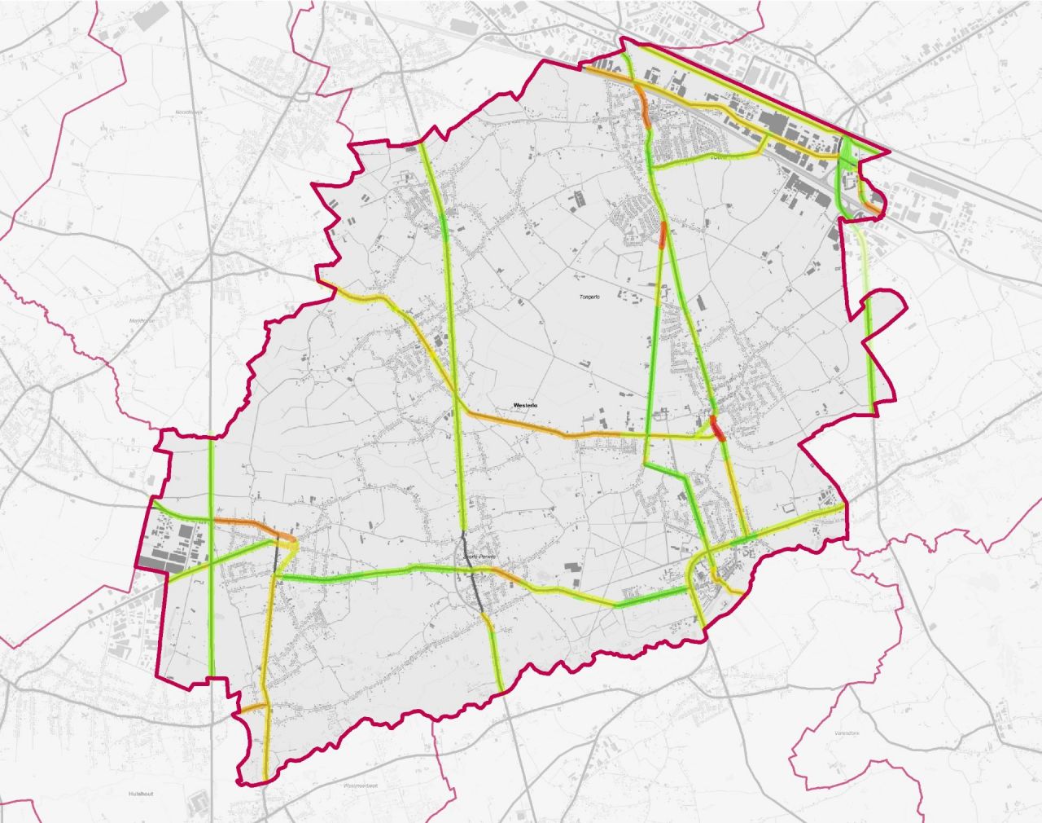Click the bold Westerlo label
click(x=528, y=405)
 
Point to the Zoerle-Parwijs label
click(x=479, y=557)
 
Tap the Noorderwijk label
click(x=187, y=112)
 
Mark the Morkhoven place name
click(x=142, y=320)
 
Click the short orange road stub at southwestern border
click(x=253, y=707)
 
